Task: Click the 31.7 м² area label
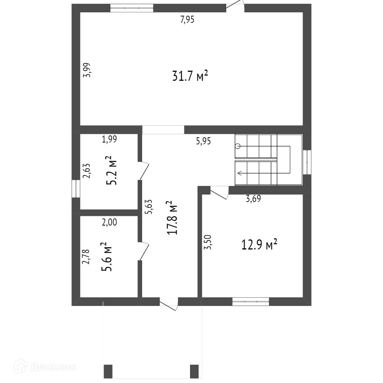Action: click(x=190, y=76)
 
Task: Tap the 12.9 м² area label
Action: click(x=259, y=245)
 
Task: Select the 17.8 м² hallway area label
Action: click(x=173, y=218)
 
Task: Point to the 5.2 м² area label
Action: click(x=111, y=170)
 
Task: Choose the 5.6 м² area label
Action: click(x=107, y=257)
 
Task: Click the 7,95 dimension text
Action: click(x=187, y=19)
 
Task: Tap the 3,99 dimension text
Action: click(x=87, y=70)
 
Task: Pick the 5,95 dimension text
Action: click(x=203, y=141)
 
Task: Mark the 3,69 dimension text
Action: click(x=253, y=199)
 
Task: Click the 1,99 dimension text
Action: click(x=110, y=139)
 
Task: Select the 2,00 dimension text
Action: click(x=110, y=222)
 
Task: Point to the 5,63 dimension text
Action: click(x=148, y=207)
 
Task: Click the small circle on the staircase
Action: click(x=238, y=146)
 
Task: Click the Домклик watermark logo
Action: click(x=45, y=366)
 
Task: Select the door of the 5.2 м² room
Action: click(x=143, y=171)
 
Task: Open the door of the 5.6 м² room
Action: click(x=143, y=251)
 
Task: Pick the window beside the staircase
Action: click(x=307, y=162)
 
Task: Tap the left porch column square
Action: click(x=108, y=371)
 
